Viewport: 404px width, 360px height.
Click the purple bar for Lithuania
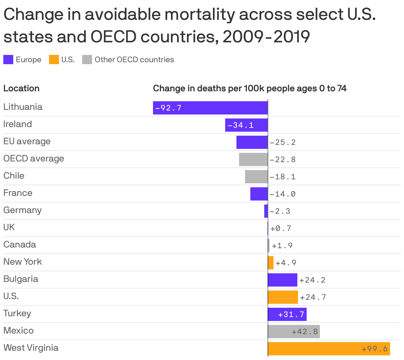pyautogui.click(x=210, y=108)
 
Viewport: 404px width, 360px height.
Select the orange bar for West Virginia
pyautogui.click(x=329, y=349)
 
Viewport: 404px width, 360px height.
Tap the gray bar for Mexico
pyautogui.click(x=294, y=332)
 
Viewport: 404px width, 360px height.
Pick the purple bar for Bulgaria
pyautogui.click(x=282, y=280)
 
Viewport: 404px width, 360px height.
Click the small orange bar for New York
pyautogui.click(x=271, y=263)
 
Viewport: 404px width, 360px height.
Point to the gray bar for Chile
pyautogui.click(x=256, y=177)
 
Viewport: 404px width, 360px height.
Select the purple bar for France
pyautogui.click(x=259, y=194)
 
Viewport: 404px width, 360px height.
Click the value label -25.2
pyautogui.click(x=282, y=143)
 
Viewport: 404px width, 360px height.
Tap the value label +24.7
pyautogui.click(x=313, y=297)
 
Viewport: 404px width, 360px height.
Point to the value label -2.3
pyautogui.click(x=280, y=211)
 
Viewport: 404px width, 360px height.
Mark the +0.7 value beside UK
pyautogui.click(x=281, y=229)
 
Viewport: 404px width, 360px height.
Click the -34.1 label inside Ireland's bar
pyautogui.click(x=241, y=125)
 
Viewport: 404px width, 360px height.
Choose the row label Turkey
pyautogui.click(x=17, y=313)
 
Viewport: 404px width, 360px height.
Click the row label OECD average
pyautogui.click(x=33, y=158)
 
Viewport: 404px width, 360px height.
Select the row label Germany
pyautogui.click(x=23, y=210)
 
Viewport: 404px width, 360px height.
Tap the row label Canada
pyautogui.click(x=20, y=245)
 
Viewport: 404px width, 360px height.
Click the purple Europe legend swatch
pyautogui.click(x=8, y=60)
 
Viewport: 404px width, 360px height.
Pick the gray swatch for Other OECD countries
pyautogui.click(x=87, y=60)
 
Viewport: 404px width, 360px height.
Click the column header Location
pyautogui.click(x=21, y=88)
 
